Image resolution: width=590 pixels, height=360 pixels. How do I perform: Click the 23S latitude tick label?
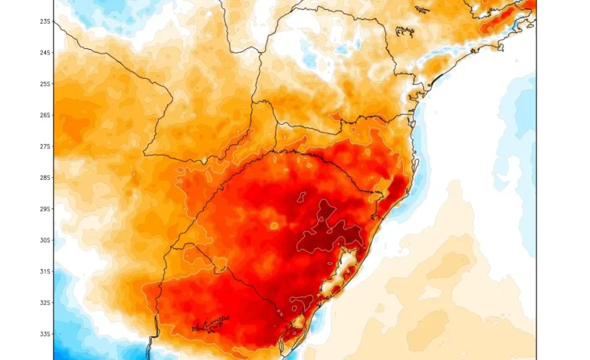pyautogui.click(x=45, y=21)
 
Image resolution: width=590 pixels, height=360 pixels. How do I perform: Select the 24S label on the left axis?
pyautogui.click(x=45, y=53)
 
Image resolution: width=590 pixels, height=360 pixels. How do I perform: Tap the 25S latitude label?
pyautogui.click(x=45, y=84)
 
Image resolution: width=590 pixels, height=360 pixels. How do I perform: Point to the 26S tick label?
pyautogui.click(x=45, y=116)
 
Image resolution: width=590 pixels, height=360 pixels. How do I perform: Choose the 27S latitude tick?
pyautogui.click(x=45, y=146)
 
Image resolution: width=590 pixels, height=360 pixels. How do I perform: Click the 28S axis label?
pyautogui.click(x=45, y=178)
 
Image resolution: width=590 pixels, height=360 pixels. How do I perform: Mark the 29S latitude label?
pyautogui.click(x=45, y=209)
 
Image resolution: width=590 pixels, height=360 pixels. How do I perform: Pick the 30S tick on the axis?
pyautogui.click(x=45, y=241)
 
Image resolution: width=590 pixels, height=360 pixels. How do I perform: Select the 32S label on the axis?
pyautogui.click(x=45, y=303)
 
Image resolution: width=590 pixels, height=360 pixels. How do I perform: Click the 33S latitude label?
pyautogui.click(x=45, y=335)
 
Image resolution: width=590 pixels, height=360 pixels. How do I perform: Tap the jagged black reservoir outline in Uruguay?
pyautogui.click(x=211, y=325)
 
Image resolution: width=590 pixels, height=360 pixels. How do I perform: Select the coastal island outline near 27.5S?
pyautogui.click(x=415, y=163)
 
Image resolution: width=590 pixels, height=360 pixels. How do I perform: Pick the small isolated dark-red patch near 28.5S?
pyautogui.click(x=303, y=198)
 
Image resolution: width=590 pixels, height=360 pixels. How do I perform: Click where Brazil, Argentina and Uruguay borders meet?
pyautogui.click(x=182, y=245)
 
